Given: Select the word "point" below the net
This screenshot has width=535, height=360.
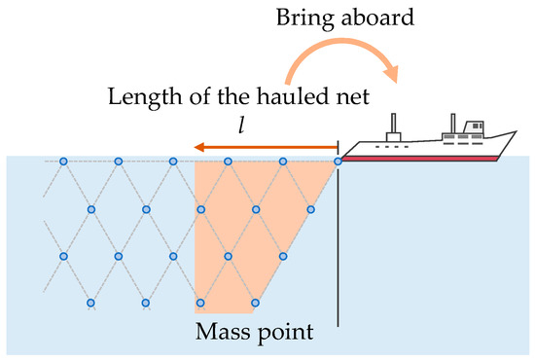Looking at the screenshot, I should [287, 333].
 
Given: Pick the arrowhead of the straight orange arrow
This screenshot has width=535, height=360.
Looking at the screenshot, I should [197, 148].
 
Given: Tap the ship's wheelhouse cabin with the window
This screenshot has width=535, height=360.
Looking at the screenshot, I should [473, 128].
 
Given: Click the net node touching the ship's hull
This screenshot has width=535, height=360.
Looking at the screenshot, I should [338, 161].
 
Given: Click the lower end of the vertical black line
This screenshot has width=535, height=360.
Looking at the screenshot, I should [338, 324].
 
